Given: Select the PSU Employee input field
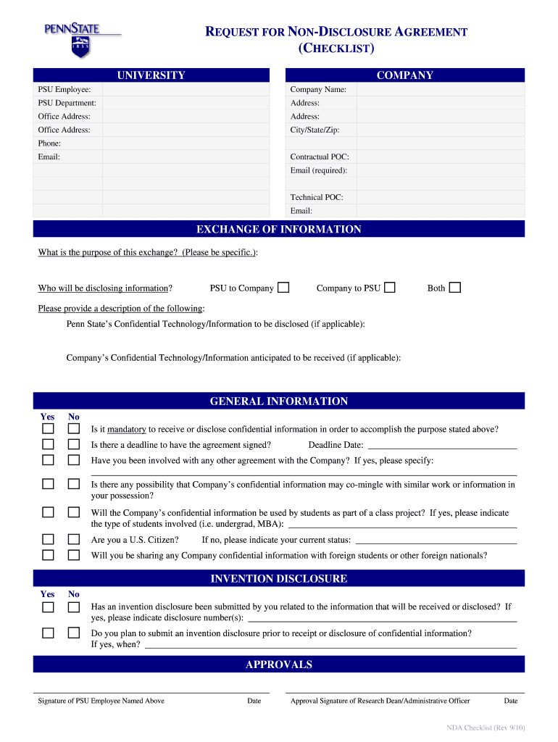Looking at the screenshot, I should click(x=186, y=89).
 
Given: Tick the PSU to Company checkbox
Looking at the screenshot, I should click(x=283, y=288).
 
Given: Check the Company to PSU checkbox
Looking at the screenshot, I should click(x=390, y=288).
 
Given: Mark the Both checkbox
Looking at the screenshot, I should click(x=454, y=288).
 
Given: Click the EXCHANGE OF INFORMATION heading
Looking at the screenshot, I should click(x=278, y=229).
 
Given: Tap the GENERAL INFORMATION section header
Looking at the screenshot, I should click(x=278, y=401).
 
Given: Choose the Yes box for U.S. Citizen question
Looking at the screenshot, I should click(x=48, y=539).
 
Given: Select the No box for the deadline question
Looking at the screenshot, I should click(x=74, y=445).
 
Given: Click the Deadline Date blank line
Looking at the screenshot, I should click(x=442, y=446).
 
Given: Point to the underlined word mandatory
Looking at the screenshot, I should click(x=127, y=429).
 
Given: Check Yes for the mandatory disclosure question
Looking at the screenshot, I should click(x=48, y=429).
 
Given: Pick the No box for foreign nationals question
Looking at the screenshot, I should click(x=74, y=555).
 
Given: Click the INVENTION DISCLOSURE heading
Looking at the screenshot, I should click(x=278, y=578).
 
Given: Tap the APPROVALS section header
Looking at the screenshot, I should click(x=278, y=664).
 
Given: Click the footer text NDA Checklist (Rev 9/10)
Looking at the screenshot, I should click(x=485, y=727).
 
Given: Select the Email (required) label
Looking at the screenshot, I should click(x=318, y=170).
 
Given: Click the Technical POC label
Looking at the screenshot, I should click(x=317, y=197).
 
